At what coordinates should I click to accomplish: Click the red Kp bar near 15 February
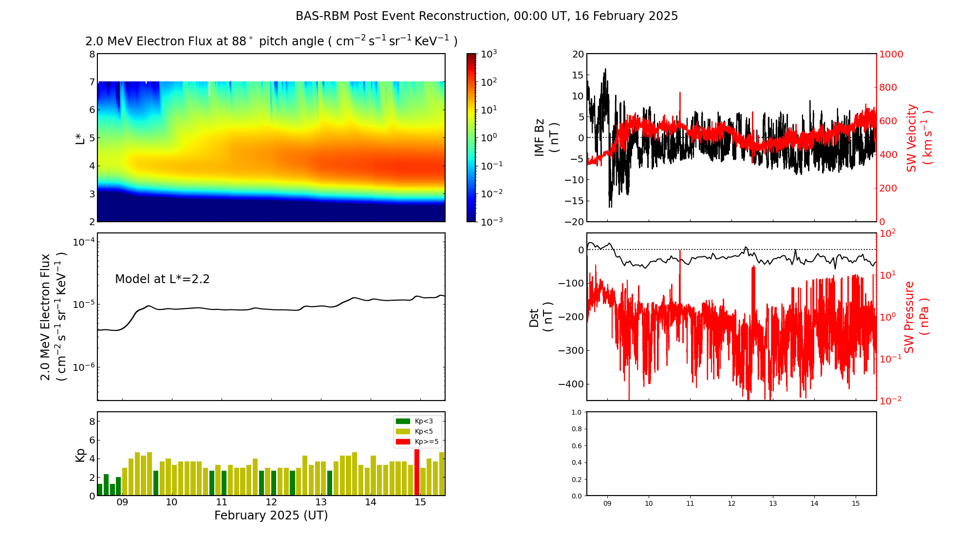(417, 472)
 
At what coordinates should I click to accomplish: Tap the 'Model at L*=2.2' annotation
(162, 279)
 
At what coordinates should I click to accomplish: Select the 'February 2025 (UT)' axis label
(271, 516)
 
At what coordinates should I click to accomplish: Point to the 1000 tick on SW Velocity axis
(891, 54)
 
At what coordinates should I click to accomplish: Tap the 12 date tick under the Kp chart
(271, 502)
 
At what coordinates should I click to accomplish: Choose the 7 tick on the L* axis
(92, 82)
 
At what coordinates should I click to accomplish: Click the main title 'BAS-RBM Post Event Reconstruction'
(487, 16)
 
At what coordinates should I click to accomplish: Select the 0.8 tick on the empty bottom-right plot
(576, 429)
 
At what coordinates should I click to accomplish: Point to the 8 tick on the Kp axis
(92, 421)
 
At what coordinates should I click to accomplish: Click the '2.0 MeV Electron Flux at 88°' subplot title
(271, 41)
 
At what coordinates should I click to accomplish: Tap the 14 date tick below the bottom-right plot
(814, 503)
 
